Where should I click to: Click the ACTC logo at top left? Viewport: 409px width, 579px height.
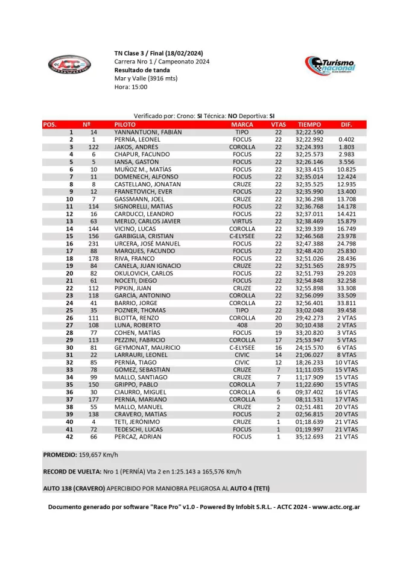pyautogui.click(x=69, y=64)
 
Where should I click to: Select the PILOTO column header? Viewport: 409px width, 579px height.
pyautogui.click(x=125, y=124)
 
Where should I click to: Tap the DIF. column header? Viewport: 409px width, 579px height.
pyautogui.click(x=346, y=124)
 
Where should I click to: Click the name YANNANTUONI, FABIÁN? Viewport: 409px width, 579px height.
pyautogui.click(x=148, y=132)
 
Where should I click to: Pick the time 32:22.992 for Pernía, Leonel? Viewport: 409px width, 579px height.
pyautogui.click(x=309, y=139)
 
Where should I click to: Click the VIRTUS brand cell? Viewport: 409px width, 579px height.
pyautogui.click(x=242, y=221)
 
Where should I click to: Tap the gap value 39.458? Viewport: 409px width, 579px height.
pyautogui.click(x=346, y=311)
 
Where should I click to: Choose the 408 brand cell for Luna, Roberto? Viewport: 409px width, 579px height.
pyautogui.click(x=242, y=325)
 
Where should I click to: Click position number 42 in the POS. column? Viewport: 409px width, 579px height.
pyautogui.click(x=70, y=437)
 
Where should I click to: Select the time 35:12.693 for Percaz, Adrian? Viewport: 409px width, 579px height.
pyautogui.click(x=309, y=437)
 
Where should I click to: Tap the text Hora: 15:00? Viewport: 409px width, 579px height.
pyautogui.click(x=131, y=87)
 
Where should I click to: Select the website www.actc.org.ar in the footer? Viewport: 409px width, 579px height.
pyautogui.click(x=337, y=507)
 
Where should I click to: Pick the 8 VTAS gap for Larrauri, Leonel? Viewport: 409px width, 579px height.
pyautogui.click(x=346, y=355)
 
